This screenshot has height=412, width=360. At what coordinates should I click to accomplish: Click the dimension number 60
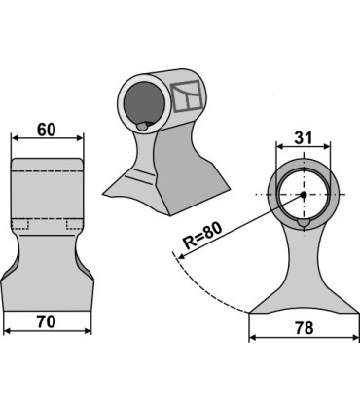pyautogui.click(x=47, y=131)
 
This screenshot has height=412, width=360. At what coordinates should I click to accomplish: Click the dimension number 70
pyautogui.click(x=47, y=321)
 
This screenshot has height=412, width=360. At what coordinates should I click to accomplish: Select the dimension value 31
pyautogui.click(x=303, y=137)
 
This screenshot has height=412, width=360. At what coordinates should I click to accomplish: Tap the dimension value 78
pyautogui.click(x=305, y=328)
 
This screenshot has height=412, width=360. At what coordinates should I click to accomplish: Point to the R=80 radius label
pyautogui.click(x=202, y=235)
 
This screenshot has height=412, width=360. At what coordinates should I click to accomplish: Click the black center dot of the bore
pyautogui.click(x=304, y=195)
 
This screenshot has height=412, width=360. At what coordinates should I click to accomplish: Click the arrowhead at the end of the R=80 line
pyautogui.click(x=181, y=256)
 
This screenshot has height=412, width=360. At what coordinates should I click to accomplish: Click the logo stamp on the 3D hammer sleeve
pyautogui.click(x=187, y=95)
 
